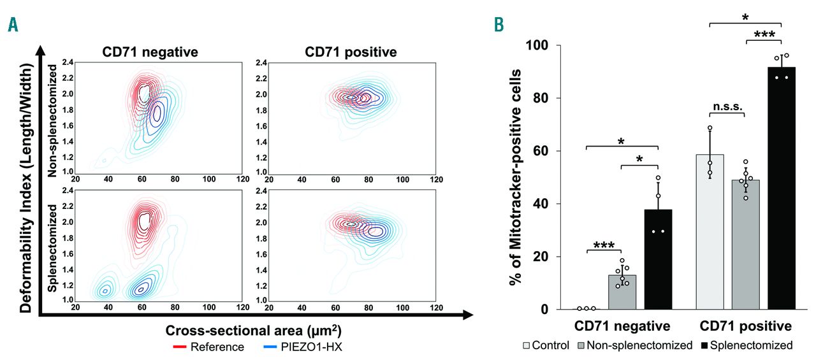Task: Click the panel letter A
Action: [12, 25]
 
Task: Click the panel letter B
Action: [501, 25]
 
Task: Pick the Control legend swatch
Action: [528, 346]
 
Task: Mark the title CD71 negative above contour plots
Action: [150, 52]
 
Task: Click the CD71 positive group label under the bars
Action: [745, 327]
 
